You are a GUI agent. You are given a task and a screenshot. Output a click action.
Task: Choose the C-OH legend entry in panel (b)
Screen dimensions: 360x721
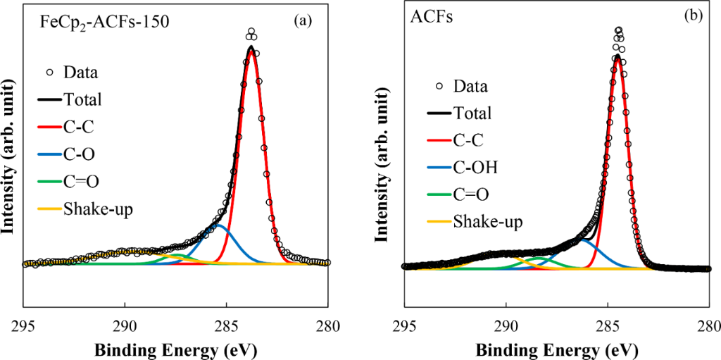475,168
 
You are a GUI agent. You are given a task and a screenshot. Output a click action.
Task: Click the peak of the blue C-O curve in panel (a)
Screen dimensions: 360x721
219,225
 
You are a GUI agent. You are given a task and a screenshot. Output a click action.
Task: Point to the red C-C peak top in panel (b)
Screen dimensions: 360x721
618,58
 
